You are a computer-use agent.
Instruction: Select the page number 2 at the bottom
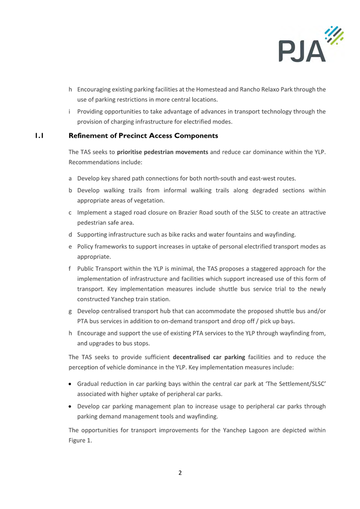pyautogui.click(x=180, y=472)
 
